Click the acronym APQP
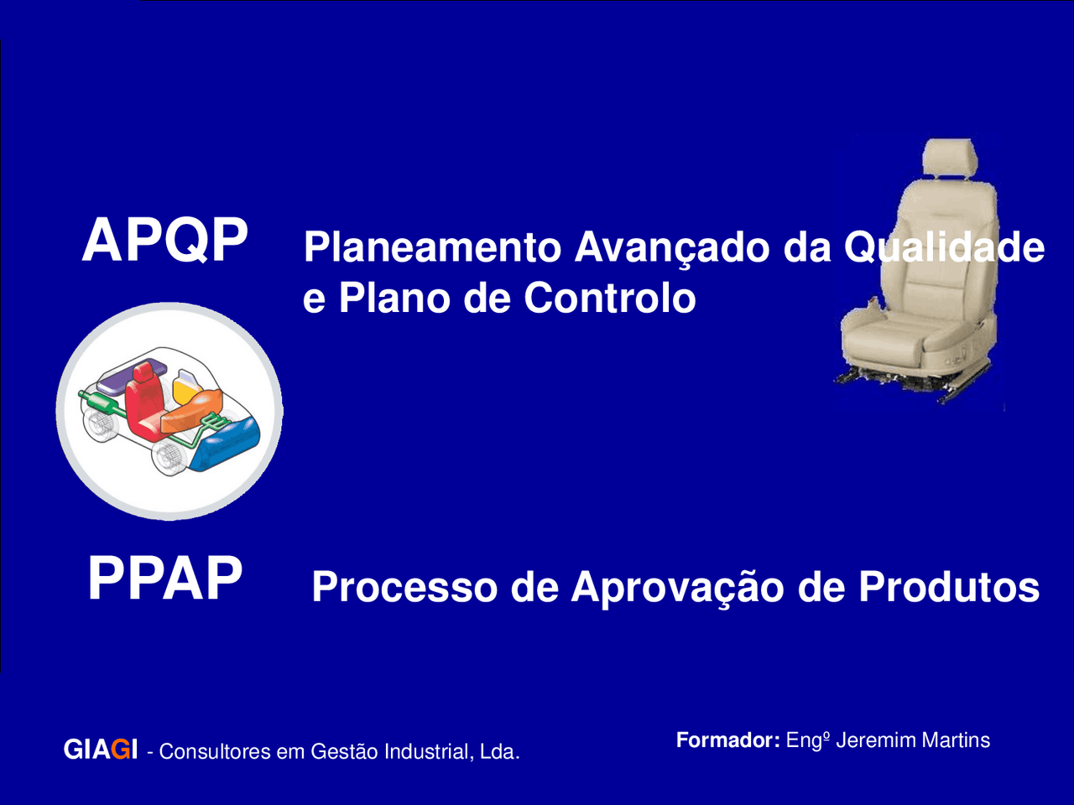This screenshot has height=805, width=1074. tap(165, 241)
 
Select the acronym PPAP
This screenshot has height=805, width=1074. tap(165, 579)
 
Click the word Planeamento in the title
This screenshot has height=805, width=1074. tap(432, 248)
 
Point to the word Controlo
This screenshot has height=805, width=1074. tap(609, 299)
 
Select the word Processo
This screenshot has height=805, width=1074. tap(405, 587)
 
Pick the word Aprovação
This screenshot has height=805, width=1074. tap(680, 587)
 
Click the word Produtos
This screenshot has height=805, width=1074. tap(948, 587)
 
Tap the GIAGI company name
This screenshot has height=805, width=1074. tap(100, 750)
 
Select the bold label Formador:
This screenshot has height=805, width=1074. tap(727, 740)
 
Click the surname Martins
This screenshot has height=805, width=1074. tap(956, 740)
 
